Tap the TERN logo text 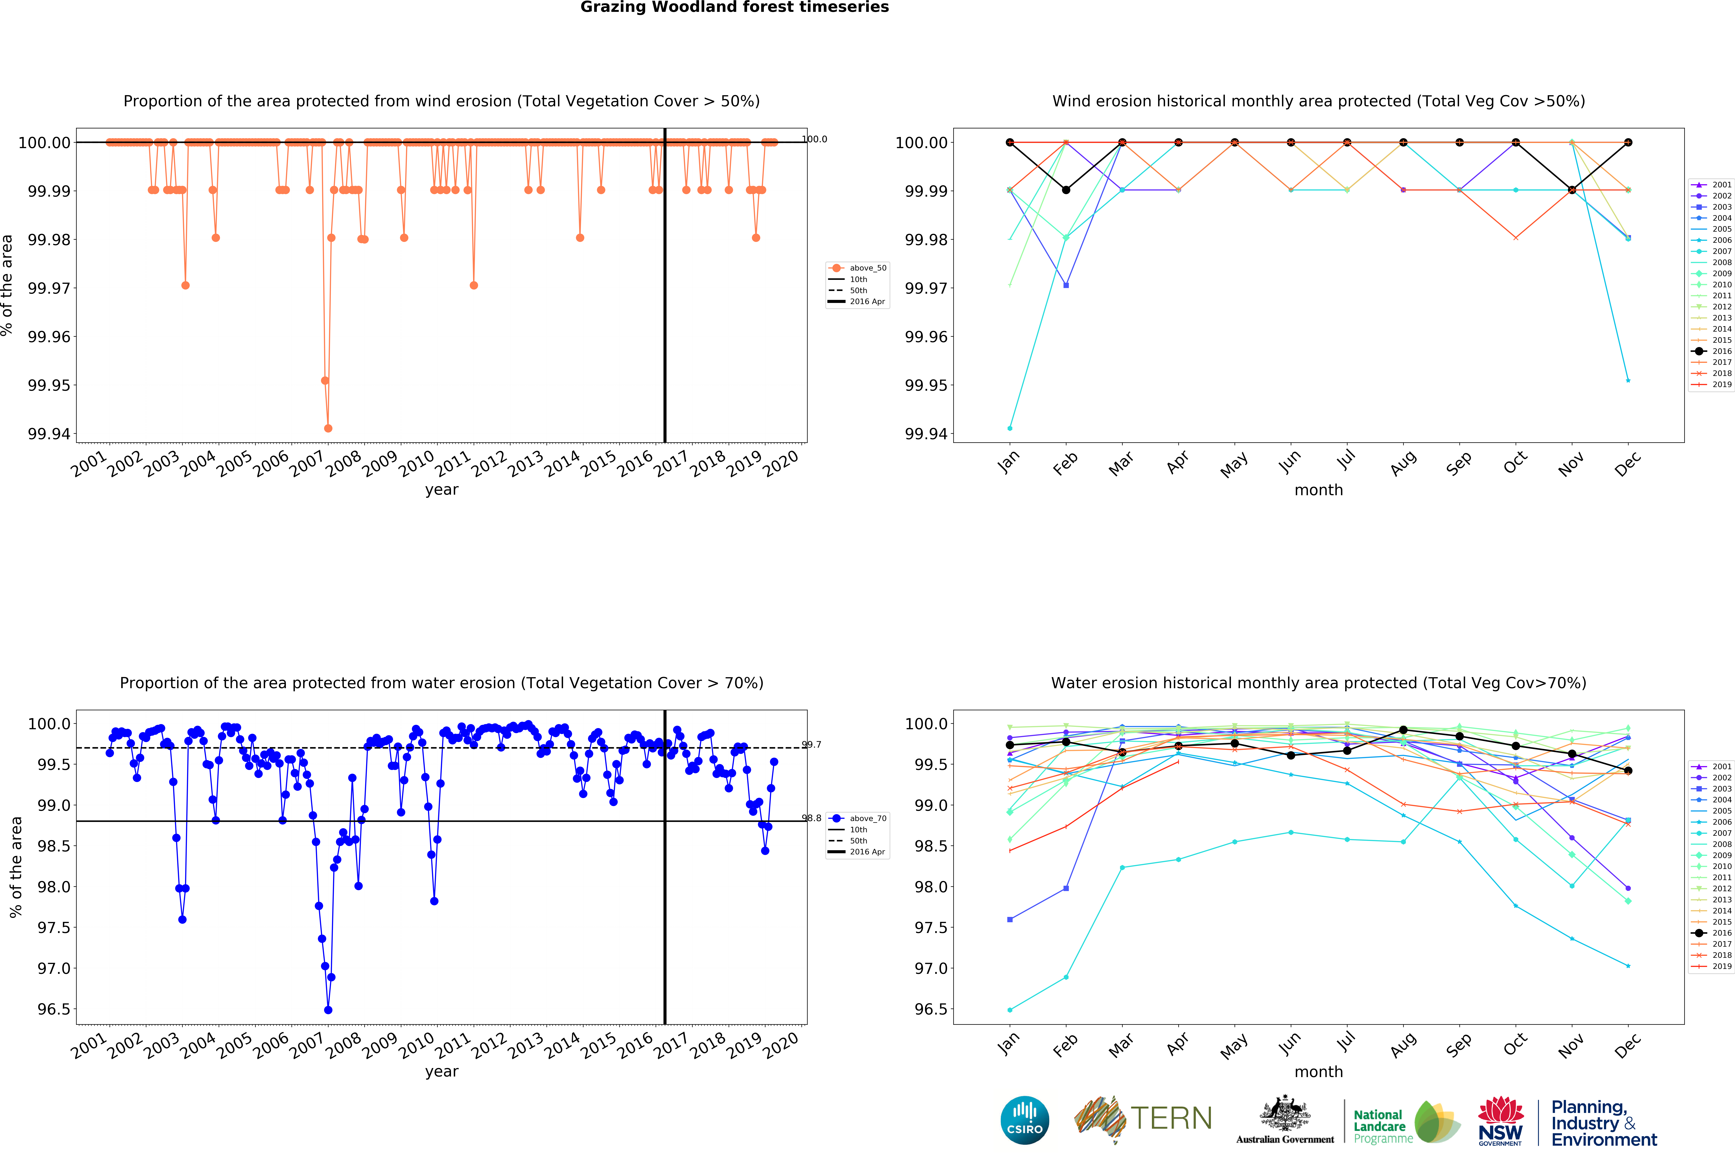click(1171, 1118)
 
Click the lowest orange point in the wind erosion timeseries click(328, 428)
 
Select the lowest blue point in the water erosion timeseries click(328, 1010)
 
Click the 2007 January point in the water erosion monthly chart click(1009, 1010)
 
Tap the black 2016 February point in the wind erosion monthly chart click(1066, 190)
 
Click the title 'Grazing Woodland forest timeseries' click(734, 7)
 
